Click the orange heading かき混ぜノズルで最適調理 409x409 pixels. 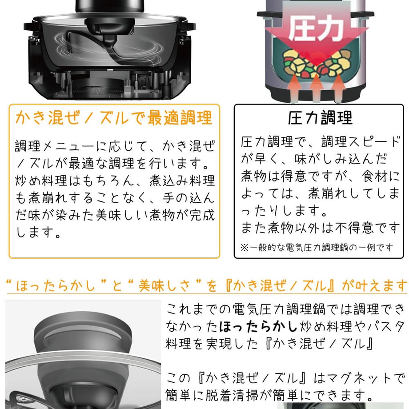[x=114, y=118]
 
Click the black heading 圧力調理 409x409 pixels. [x=320, y=118]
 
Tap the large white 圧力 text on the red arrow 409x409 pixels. [x=316, y=28]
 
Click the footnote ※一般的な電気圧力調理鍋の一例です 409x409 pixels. [x=317, y=247]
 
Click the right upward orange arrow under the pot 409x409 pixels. [x=339, y=88]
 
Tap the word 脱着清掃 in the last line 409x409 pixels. [x=232, y=395]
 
